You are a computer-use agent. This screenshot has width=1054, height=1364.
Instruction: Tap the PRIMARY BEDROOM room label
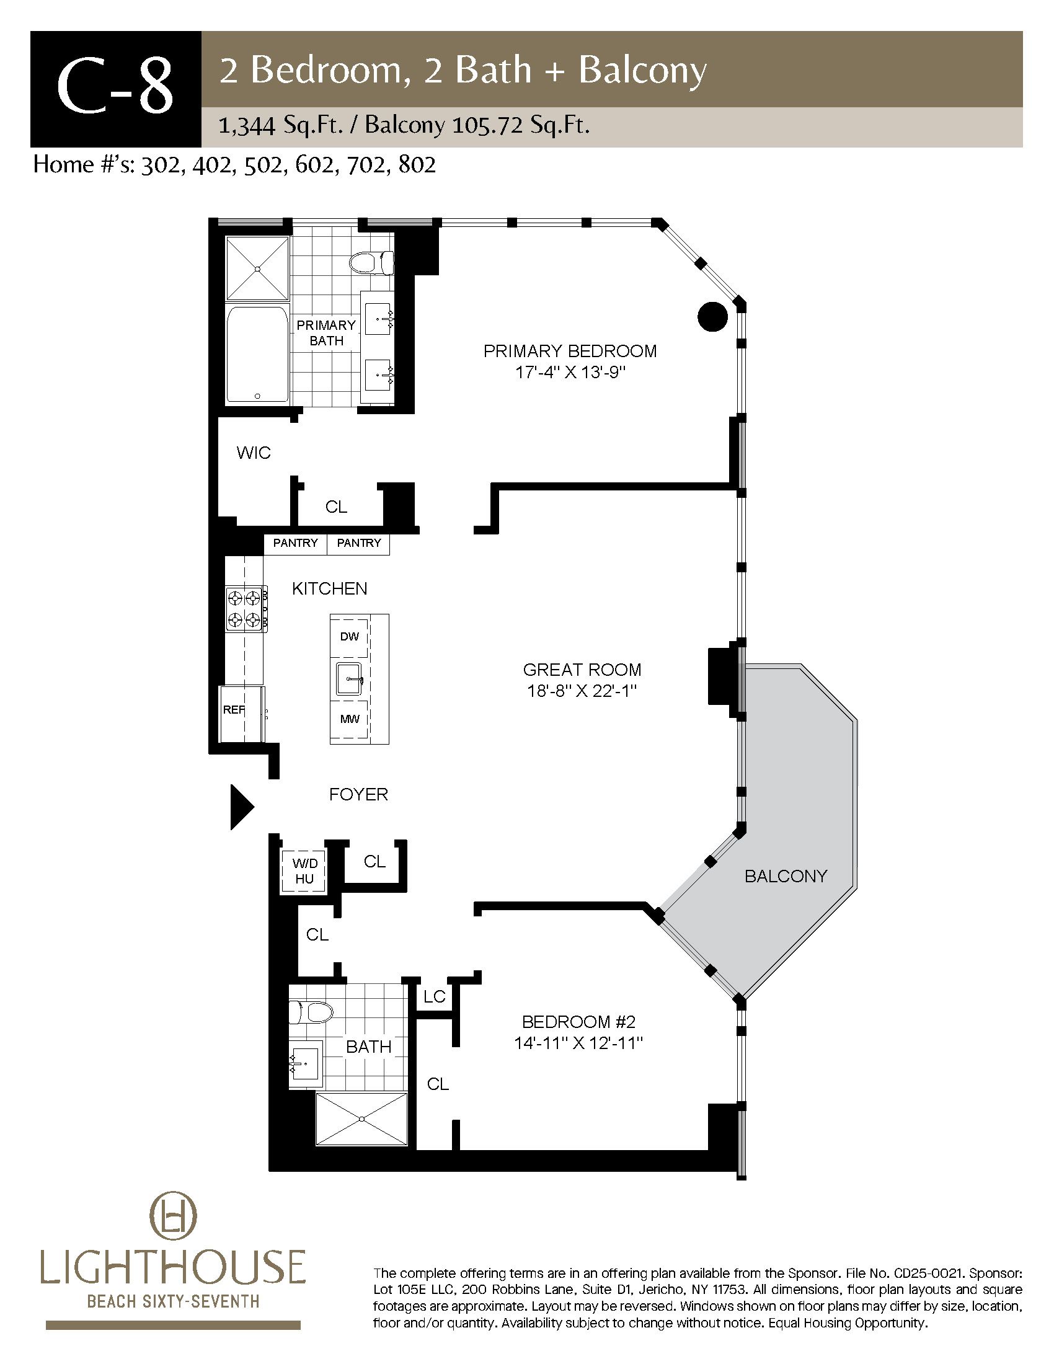tap(570, 351)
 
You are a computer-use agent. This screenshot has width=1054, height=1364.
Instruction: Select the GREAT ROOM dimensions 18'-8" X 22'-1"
tap(582, 691)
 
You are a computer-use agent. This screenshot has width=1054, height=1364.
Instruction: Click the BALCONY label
tap(786, 876)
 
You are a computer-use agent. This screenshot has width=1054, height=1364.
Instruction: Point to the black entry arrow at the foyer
tap(242, 807)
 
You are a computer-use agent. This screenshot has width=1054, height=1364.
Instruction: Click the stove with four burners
tap(247, 609)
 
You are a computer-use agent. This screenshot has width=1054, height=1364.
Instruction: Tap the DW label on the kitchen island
tap(350, 636)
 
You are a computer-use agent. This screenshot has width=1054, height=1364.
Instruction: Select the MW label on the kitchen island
tap(350, 719)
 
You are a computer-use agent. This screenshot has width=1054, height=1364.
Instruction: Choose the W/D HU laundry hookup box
tap(304, 871)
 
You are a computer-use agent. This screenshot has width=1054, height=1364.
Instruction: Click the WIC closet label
tap(254, 453)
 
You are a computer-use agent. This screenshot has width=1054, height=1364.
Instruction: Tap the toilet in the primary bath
tap(372, 263)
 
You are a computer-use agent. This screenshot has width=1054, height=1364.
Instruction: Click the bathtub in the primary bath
tap(258, 354)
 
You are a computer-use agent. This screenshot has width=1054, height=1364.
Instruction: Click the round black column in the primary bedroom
tap(712, 317)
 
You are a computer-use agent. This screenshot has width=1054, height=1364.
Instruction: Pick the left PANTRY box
tap(295, 543)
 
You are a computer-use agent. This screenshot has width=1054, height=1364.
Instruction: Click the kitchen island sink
tap(350, 679)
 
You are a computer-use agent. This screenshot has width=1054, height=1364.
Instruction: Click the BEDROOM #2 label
tap(578, 1022)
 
